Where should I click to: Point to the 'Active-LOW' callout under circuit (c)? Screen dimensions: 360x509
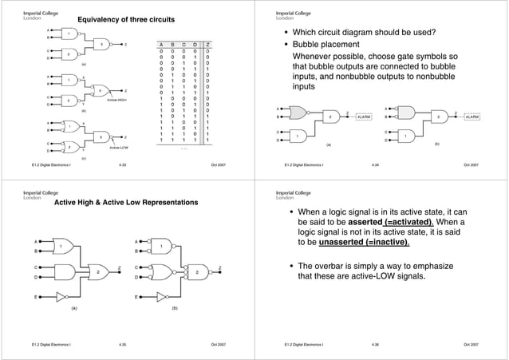click(120, 148)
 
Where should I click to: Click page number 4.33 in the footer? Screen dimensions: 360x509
click(122, 164)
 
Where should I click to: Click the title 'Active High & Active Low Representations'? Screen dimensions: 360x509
click(126, 203)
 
